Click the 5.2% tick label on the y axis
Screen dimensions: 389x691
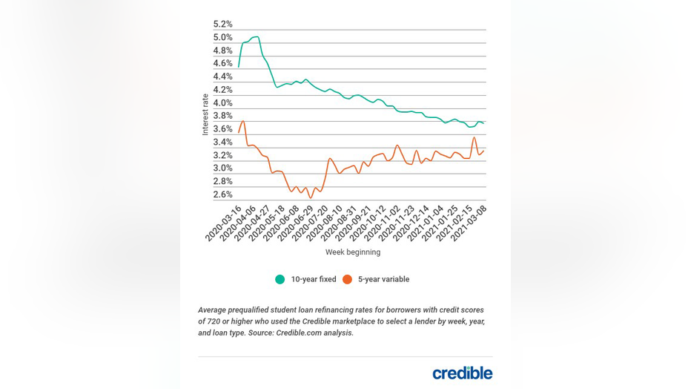[222, 24]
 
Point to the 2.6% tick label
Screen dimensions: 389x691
[222, 194]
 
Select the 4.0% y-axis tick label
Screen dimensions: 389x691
[222, 103]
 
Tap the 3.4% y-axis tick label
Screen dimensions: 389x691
[222, 143]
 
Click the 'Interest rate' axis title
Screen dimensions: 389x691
[205, 114]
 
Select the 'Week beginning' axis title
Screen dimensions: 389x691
[353, 252]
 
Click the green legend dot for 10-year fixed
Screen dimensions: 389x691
[280, 280]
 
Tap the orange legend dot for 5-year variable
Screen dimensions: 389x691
[347, 280]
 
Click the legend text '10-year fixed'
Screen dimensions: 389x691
[313, 280]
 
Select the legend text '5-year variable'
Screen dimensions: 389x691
[384, 280]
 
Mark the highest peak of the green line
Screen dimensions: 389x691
[255, 36]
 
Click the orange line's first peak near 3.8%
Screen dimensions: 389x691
[242, 121]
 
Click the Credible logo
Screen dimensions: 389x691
[462, 373]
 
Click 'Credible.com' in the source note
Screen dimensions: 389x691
[300, 333]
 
